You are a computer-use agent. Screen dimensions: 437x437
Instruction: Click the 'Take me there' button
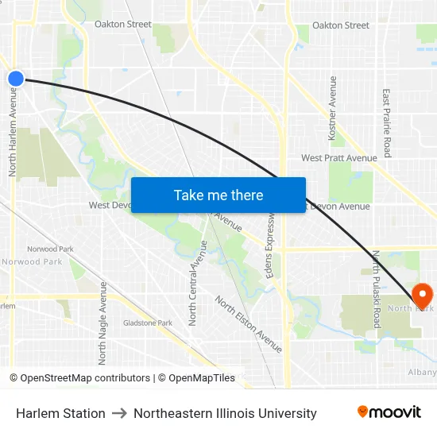coord(218,195)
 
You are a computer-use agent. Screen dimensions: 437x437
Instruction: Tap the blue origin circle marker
coord(16,78)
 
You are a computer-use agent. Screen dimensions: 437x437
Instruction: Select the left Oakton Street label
coord(122,25)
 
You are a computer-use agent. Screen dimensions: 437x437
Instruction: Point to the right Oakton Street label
coord(340,25)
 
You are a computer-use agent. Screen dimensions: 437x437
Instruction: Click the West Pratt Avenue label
coord(338,158)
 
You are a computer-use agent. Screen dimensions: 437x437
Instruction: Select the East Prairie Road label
coord(387,122)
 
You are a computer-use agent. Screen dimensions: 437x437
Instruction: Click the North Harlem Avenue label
coord(14,130)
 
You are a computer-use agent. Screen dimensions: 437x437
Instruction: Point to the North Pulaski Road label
coord(377,289)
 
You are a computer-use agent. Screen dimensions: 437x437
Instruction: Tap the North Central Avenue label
coord(193,282)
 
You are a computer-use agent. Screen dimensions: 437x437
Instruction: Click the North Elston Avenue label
coord(248,323)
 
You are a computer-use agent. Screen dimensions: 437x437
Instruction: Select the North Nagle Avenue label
coord(102,323)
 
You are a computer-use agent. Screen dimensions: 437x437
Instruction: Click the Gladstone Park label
coord(148,323)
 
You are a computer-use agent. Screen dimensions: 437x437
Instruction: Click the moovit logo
coord(389,412)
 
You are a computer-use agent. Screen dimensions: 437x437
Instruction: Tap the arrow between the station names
coord(119,413)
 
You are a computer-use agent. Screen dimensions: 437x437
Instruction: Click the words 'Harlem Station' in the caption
coord(60,413)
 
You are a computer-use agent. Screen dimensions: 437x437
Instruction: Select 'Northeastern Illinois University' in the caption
coord(225,413)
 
